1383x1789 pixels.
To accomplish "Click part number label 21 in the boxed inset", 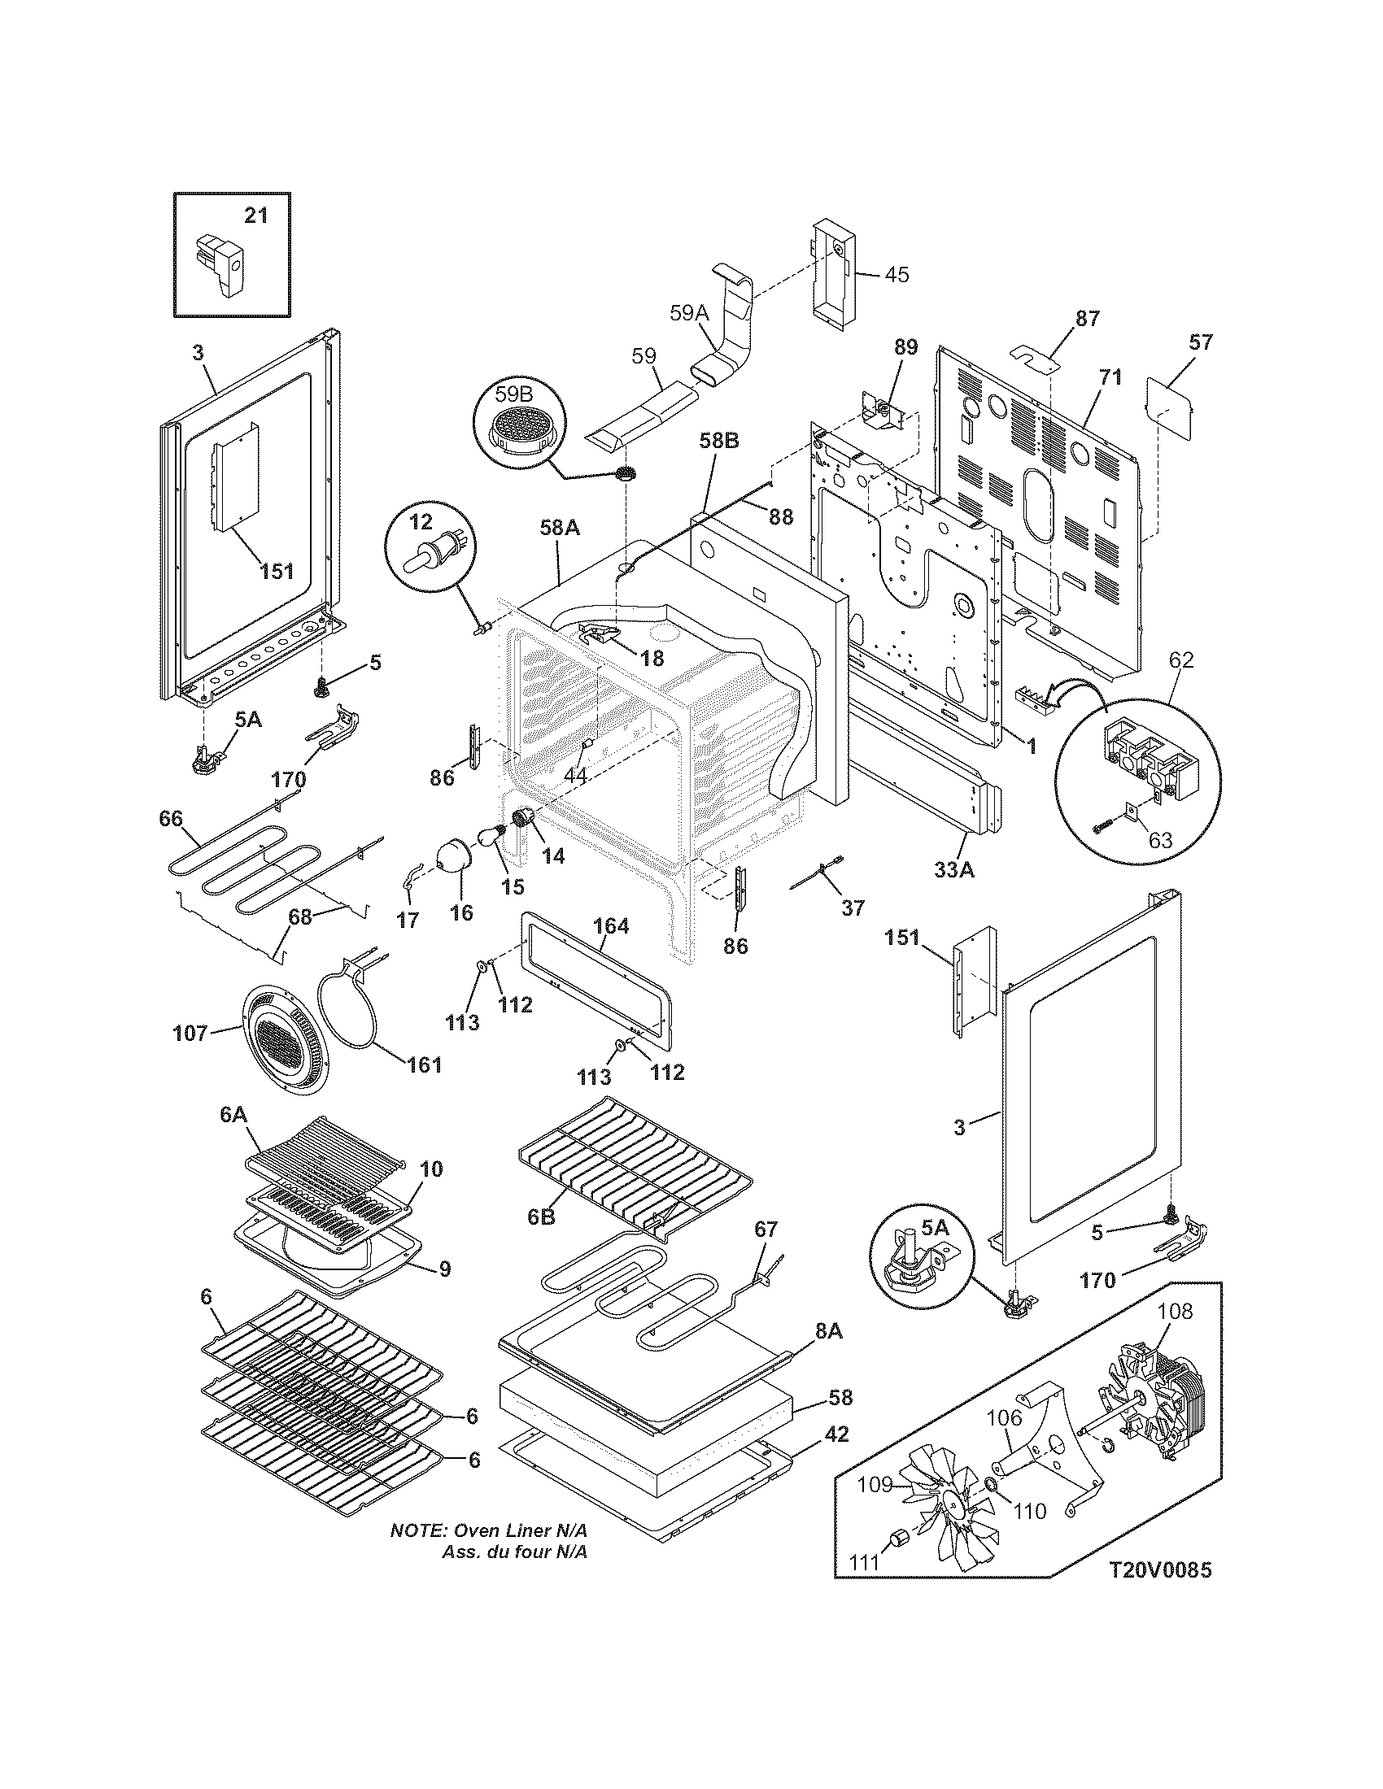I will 255,215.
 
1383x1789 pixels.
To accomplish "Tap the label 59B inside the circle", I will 513,394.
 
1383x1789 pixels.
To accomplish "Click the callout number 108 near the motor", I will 1176,1312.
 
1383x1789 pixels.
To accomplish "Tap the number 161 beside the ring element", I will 425,1065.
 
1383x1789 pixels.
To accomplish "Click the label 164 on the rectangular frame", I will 611,926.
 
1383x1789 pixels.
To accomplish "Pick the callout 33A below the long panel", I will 954,871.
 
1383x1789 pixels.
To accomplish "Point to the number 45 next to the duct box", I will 897,274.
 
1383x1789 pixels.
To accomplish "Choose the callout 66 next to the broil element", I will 171,818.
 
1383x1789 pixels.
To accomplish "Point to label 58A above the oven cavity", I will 560,529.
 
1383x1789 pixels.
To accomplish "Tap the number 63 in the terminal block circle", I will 1160,840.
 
